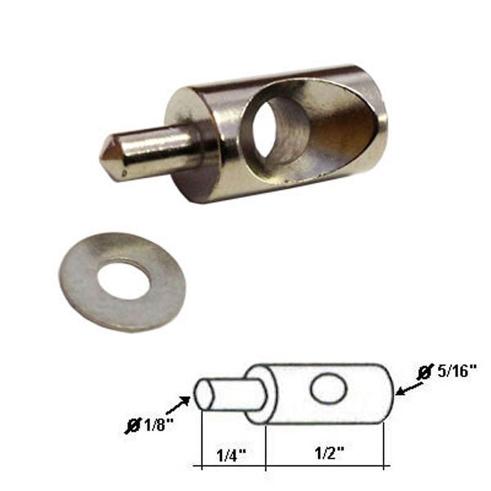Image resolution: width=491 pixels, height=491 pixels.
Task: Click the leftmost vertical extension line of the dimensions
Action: (203, 450)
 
